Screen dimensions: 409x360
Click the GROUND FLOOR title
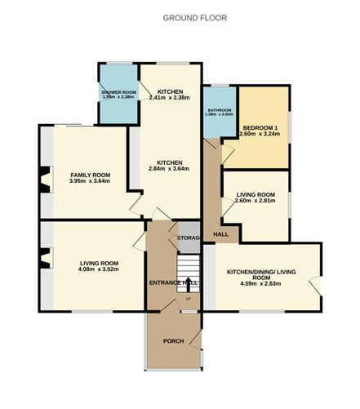click(x=195, y=17)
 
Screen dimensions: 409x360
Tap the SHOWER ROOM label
click(x=118, y=91)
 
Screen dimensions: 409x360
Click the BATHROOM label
click(x=220, y=109)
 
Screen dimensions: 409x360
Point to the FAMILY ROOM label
click(x=90, y=175)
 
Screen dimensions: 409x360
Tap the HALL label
click(x=220, y=234)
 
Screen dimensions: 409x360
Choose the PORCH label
click(x=173, y=340)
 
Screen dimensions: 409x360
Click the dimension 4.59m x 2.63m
click(x=260, y=283)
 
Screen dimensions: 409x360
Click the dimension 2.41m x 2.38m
click(x=170, y=97)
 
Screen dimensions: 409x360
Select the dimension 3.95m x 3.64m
click(x=90, y=181)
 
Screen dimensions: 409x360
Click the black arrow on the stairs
click(x=189, y=285)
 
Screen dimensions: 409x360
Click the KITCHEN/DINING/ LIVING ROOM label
click(x=260, y=274)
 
